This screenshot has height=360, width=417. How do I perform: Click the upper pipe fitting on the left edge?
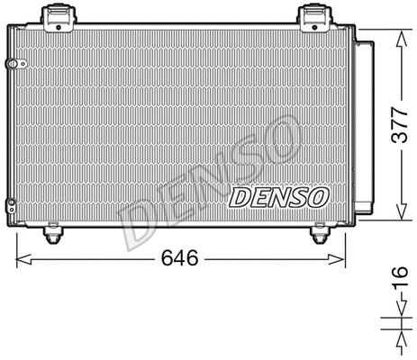click(11, 64)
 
